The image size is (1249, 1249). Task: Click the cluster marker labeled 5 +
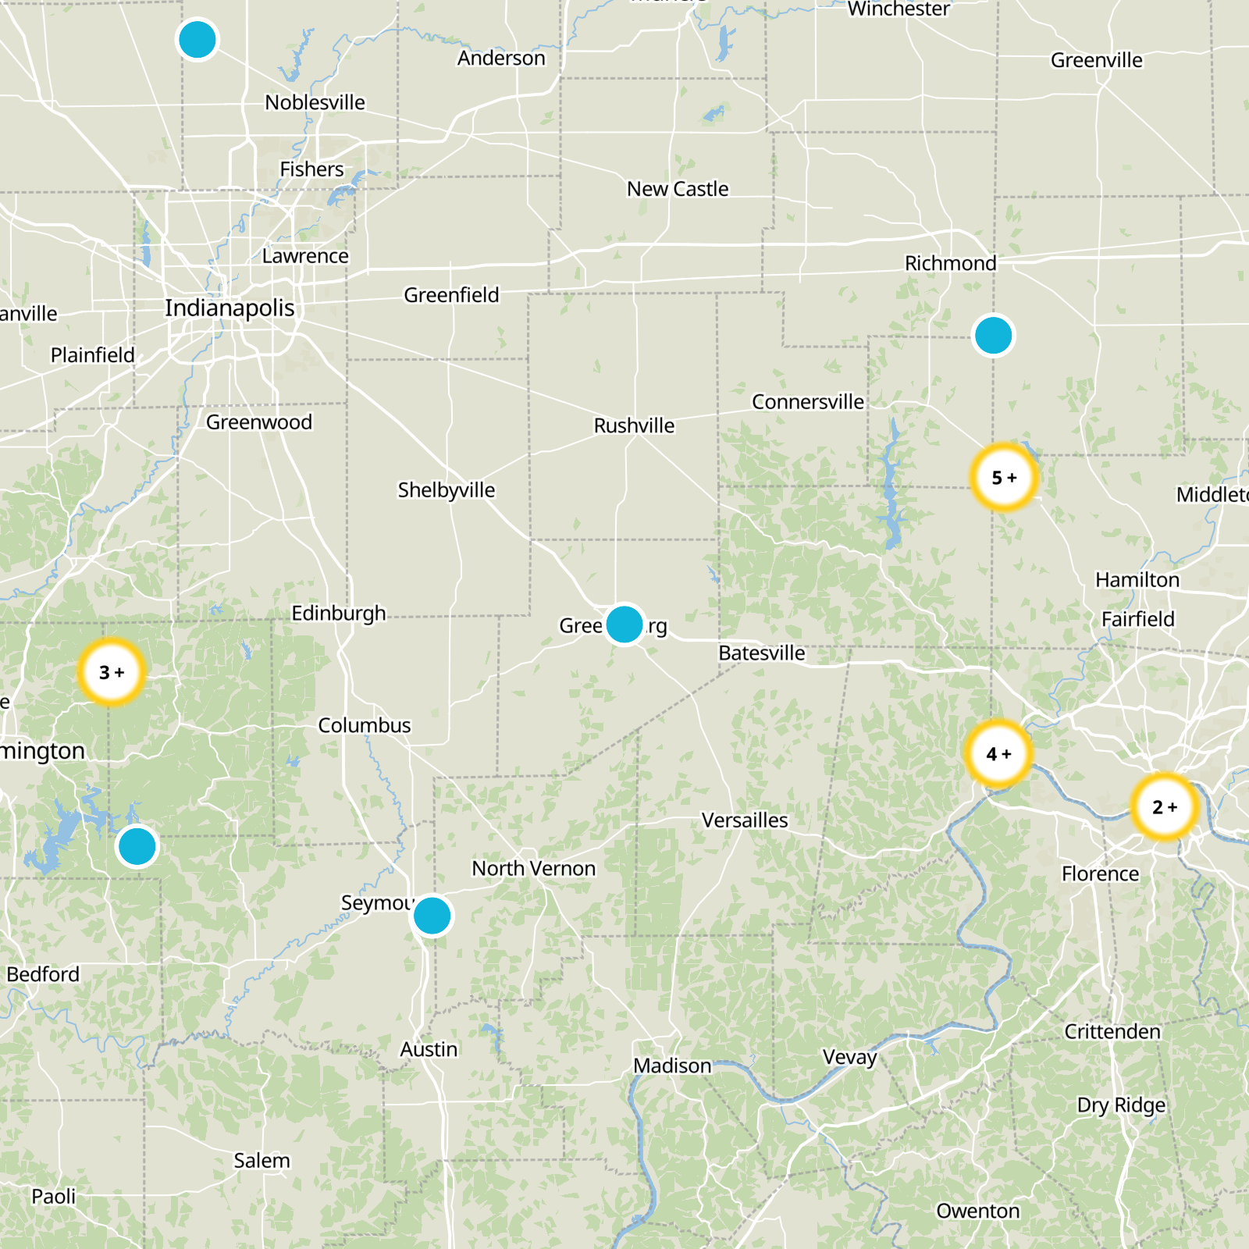pyautogui.click(x=1004, y=477)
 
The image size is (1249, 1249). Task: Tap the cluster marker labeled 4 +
pyautogui.click(x=998, y=753)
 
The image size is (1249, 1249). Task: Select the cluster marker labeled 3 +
pyautogui.click(x=112, y=672)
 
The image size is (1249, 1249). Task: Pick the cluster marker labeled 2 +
pyautogui.click(x=1164, y=807)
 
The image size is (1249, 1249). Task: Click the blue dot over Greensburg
pyautogui.click(x=624, y=624)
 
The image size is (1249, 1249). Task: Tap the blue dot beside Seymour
pyautogui.click(x=432, y=915)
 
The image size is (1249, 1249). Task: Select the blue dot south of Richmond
pyautogui.click(x=993, y=336)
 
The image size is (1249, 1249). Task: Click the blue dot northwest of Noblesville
pyautogui.click(x=197, y=40)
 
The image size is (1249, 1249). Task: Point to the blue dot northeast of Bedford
pyautogui.click(x=137, y=846)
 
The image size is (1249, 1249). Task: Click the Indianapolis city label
pyautogui.click(x=230, y=308)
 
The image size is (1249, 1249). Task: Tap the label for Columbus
pyautogui.click(x=364, y=725)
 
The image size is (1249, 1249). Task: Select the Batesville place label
pyautogui.click(x=761, y=653)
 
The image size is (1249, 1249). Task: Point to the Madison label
pyautogui.click(x=672, y=1066)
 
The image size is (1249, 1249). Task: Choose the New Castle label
pyautogui.click(x=678, y=189)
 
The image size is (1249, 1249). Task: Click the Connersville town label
pyautogui.click(x=808, y=402)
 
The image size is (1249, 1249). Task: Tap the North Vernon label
pyautogui.click(x=533, y=869)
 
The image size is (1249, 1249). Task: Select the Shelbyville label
pyautogui.click(x=446, y=490)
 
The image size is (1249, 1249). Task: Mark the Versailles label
pyautogui.click(x=745, y=820)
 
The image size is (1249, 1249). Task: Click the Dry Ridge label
pyautogui.click(x=1121, y=1105)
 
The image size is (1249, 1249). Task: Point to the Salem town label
pyautogui.click(x=262, y=1161)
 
